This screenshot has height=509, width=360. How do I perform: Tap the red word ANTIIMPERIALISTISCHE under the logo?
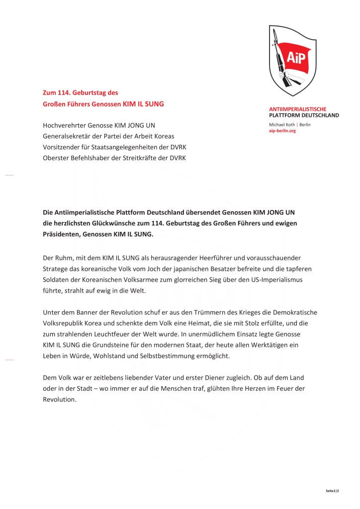point(297,108)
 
